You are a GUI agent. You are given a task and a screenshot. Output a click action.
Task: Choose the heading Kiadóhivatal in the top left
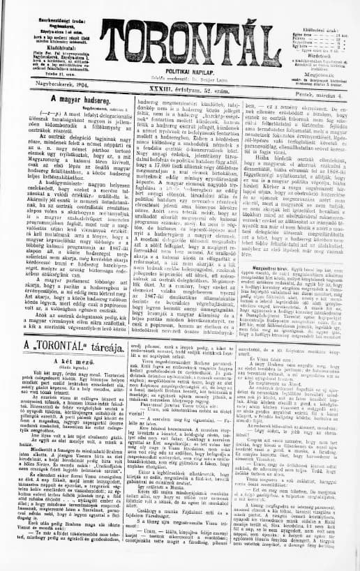click(x=47, y=34)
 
